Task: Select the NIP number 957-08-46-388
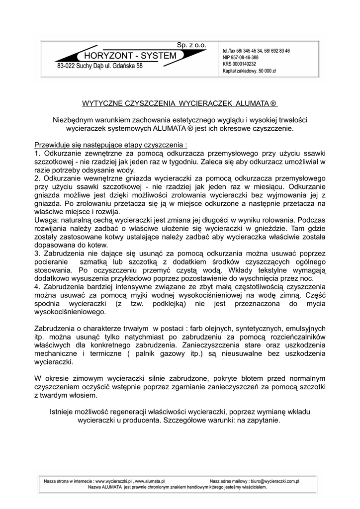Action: click(x=247, y=58)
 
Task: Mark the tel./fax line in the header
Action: click(x=256, y=51)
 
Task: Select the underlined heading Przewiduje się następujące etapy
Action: click(x=110, y=145)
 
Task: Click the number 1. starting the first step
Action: click(x=37, y=154)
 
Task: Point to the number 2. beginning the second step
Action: click(x=37, y=177)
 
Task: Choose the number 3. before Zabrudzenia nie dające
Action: click(x=37, y=254)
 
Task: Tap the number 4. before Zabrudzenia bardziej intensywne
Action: click(x=37, y=287)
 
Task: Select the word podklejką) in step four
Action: click(x=169, y=304)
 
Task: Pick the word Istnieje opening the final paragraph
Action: click(x=64, y=412)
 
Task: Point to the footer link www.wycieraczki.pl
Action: click(x=113, y=481)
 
